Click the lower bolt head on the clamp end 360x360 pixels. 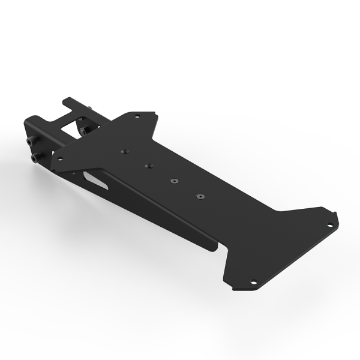tap(34, 158)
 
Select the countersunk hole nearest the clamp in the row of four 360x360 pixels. tap(123, 151)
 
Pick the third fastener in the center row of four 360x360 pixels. tap(173, 181)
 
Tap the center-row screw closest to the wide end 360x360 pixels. tap(200, 196)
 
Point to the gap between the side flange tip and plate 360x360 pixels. tap(218, 246)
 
